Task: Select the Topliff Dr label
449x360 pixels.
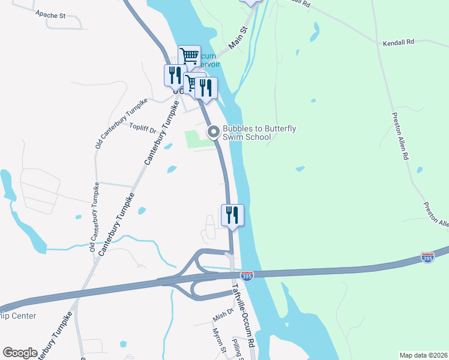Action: tap(143, 127)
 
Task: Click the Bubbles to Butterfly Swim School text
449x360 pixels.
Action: tap(259, 133)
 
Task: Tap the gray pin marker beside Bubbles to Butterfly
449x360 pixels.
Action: tap(213, 131)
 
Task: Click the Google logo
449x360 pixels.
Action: tap(20, 353)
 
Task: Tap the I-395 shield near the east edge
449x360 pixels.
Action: tap(427, 257)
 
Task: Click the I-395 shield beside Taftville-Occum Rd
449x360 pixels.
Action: tap(247, 275)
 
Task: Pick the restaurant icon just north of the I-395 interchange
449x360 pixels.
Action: tap(232, 215)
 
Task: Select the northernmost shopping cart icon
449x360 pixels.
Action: tap(189, 56)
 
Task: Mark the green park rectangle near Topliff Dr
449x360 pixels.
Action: tap(199, 139)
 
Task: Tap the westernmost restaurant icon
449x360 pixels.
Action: tap(174, 75)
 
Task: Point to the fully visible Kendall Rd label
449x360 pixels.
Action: tap(399, 43)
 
